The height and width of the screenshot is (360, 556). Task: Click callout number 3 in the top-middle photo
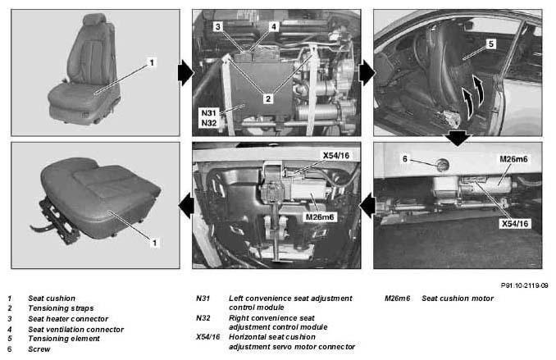pos(217,26)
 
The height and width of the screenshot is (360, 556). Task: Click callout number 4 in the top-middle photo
pos(273,26)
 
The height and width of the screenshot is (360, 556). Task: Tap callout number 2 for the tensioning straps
pos(268,98)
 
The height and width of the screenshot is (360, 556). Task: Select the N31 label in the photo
pos(208,113)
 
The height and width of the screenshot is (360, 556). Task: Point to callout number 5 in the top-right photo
pos(491,44)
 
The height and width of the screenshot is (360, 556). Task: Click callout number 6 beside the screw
pos(405,159)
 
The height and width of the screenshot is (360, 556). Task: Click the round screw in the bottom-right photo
pos(442,165)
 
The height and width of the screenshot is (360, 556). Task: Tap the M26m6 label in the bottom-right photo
pos(513,159)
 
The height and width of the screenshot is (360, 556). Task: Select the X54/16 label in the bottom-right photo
pos(515,224)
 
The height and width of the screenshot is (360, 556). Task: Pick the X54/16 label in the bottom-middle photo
pos(335,155)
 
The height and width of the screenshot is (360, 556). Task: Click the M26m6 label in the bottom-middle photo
pos(320,216)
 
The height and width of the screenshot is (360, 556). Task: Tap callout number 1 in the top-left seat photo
pos(152,63)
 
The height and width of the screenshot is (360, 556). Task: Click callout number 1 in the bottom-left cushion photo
pos(154,243)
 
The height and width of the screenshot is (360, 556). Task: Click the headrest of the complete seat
pos(94,19)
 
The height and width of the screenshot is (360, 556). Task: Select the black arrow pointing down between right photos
pos(458,138)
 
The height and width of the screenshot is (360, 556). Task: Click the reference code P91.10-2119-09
pos(525,285)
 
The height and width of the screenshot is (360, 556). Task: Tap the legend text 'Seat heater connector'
pos(68,319)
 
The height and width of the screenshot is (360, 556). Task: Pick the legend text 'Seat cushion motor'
pos(458,298)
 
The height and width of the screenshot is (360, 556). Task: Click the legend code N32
pos(203,318)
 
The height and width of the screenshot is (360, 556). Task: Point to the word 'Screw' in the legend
pos(39,349)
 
